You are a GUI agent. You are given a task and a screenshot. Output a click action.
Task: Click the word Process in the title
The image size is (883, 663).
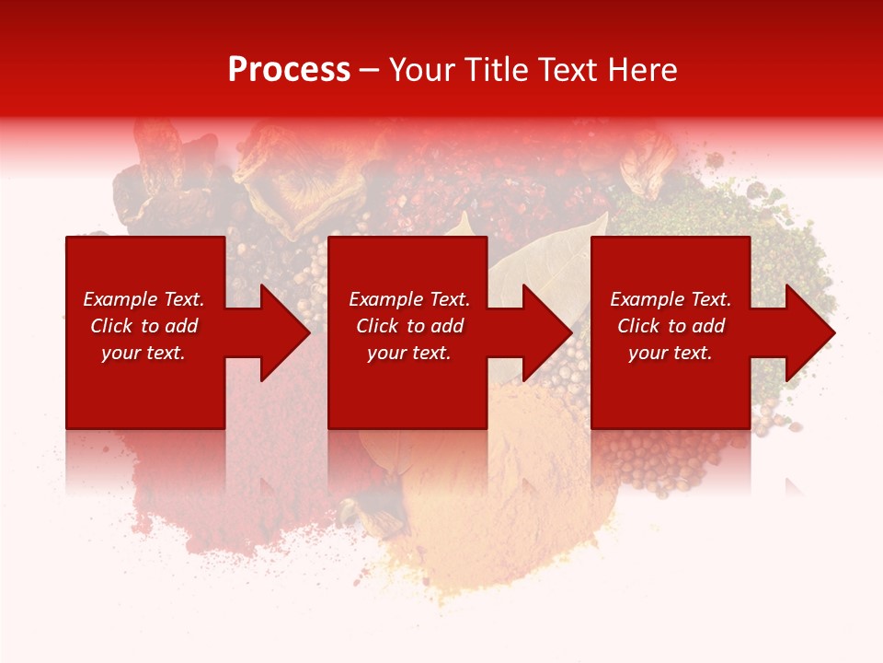tap(289, 70)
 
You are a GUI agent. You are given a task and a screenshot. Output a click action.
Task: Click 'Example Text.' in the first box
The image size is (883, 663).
tap(143, 299)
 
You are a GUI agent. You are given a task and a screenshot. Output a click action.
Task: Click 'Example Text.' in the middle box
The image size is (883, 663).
tap(409, 299)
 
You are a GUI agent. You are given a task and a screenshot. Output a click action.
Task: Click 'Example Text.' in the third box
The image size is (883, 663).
tap(671, 299)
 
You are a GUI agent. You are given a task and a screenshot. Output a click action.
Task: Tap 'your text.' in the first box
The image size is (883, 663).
tap(143, 353)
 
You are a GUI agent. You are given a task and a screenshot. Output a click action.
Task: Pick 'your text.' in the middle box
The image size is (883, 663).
tap(409, 353)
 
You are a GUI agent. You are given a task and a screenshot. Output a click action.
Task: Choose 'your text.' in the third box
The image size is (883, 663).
tap(671, 353)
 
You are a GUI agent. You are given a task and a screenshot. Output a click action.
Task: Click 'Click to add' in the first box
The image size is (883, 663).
tap(143, 326)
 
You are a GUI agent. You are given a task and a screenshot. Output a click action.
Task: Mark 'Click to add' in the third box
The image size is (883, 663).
tap(671, 326)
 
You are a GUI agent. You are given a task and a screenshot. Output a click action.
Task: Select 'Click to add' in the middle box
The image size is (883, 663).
tap(409, 326)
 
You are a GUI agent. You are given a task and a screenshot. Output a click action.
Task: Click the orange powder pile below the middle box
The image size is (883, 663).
tap(515, 497)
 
